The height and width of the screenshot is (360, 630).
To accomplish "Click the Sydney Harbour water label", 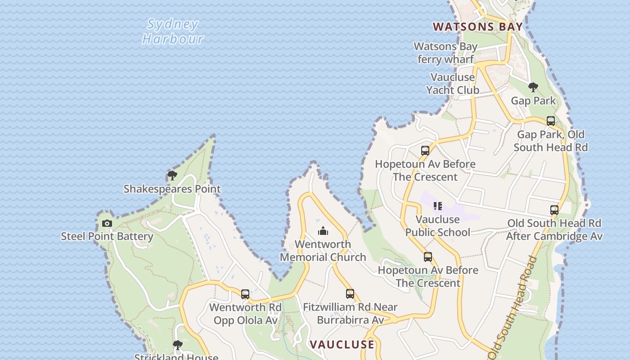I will click(173, 31).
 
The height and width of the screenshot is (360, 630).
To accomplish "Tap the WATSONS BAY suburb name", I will click(478, 27).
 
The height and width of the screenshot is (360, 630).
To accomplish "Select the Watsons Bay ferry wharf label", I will click(445, 53).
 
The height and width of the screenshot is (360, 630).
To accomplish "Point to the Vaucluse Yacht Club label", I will click(452, 84).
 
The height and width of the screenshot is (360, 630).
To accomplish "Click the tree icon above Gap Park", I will click(533, 87).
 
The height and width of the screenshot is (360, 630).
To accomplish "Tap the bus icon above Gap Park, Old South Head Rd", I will click(551, 121).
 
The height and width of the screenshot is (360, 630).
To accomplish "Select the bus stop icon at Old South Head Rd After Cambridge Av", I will click(554, 210).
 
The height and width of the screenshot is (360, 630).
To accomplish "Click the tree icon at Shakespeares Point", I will click(172, 175).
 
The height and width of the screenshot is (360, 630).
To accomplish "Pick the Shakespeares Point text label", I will click(172, 189).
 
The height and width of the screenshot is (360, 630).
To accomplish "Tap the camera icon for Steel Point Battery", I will click(107, 223).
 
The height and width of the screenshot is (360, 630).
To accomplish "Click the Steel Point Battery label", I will click(107, 236).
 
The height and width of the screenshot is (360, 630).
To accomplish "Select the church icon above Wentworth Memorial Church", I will click(323, 231).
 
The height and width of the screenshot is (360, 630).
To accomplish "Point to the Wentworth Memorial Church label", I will click(323, 251).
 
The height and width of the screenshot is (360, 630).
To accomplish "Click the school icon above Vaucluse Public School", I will click(437, 206).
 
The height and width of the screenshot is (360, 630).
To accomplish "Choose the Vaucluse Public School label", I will click(438, 226).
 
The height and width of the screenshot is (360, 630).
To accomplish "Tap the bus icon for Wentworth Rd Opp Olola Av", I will click(245, 294).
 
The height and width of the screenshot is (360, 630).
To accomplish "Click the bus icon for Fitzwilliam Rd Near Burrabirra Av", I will click(350, 294).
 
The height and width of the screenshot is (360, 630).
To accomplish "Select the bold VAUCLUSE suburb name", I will click(342, 345).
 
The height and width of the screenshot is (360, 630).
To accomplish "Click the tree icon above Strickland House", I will click(178, 345).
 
